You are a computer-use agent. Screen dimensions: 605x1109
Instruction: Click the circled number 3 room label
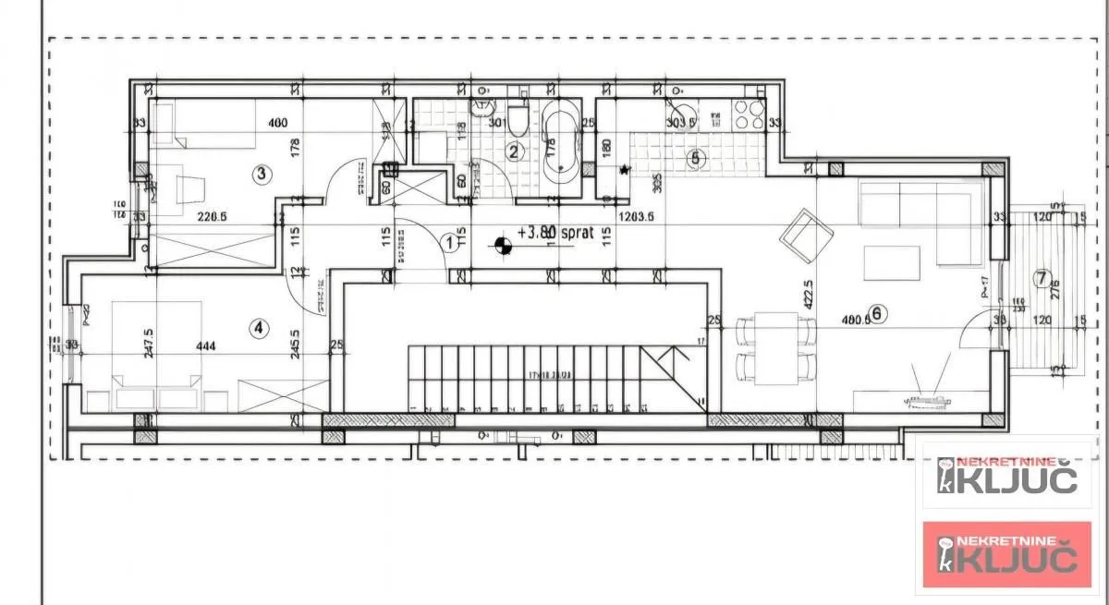(x=262, y=173)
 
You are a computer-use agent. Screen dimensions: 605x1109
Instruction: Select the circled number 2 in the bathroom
(x=515, y=151)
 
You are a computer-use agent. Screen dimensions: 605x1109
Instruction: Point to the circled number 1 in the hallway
(x=450, y=243)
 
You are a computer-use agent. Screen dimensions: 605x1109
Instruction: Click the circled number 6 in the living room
(x=877, y=313)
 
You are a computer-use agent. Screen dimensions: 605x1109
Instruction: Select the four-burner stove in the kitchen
(x=747, y=115)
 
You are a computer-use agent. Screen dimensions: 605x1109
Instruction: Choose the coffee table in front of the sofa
(x=892, y=262)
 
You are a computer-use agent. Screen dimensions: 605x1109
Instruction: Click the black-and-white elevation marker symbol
(x=503, y=246)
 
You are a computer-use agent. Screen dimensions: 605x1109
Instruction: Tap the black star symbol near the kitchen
(x=625, y=170)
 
